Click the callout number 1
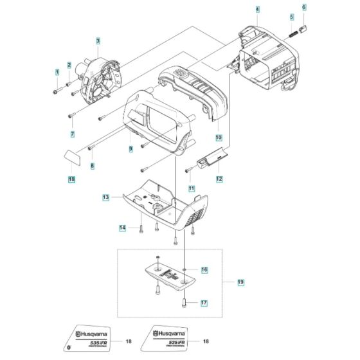pyautogui.click(x=57, y=72)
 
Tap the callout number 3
pyautogui.click(x=98, y=41)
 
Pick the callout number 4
pyautogui.click(x=257, y=10)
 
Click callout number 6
pyautogui.click(x=304, y=6)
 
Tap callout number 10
pyautogui.click(x=219, y=138)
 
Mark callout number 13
pyautogui.click(x=106, y=197)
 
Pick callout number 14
pyautogui.click(x=122, y=228)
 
